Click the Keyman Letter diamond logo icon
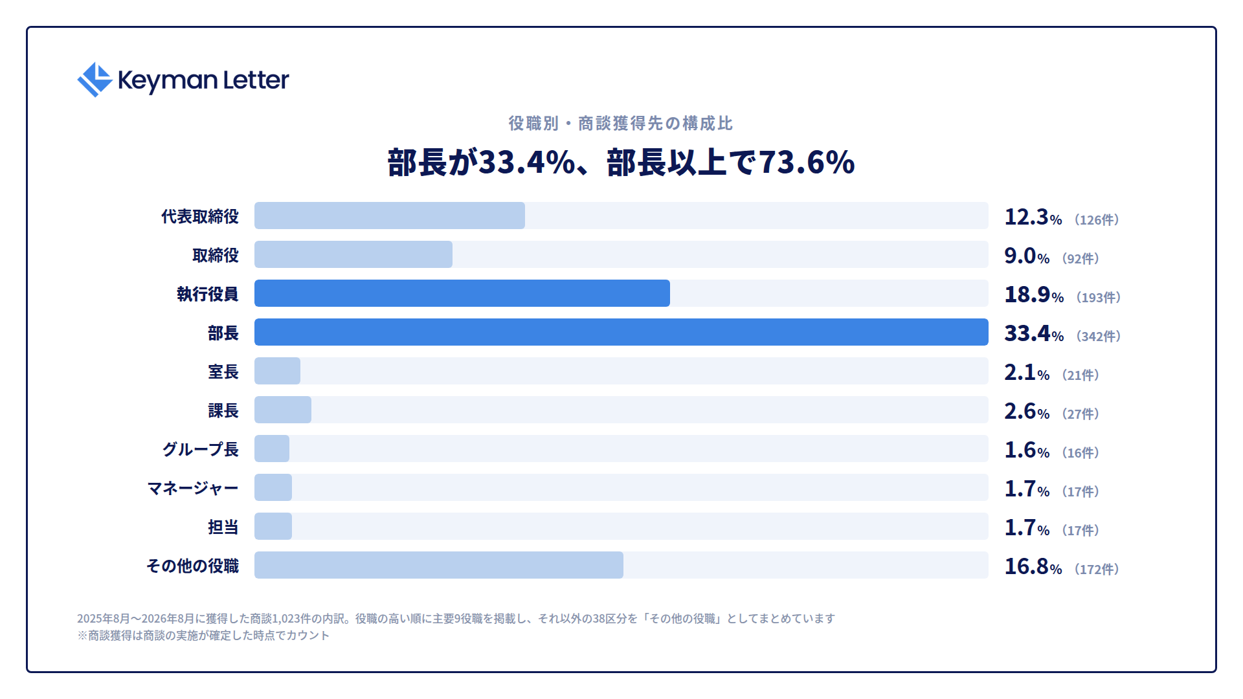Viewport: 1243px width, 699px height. (95, 80)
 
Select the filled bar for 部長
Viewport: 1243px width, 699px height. (621, 332)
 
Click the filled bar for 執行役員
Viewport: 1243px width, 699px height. (462, 293)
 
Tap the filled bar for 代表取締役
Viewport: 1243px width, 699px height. (390, 216)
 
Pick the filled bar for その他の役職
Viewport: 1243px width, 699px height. (439, 565)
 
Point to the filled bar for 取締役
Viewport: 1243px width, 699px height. (353, 254)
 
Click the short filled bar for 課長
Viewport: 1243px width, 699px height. (283, 410)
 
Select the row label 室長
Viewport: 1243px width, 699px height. (223, 372)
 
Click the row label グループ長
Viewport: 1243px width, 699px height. (200, 449)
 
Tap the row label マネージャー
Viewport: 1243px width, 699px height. (193, 488)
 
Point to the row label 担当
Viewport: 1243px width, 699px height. (223, 527)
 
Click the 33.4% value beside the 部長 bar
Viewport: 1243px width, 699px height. (1034, 333)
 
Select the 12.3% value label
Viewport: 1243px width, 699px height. (1033, 217)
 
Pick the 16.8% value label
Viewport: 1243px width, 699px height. (1033, 566)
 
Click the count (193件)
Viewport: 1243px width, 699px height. (1099, 297)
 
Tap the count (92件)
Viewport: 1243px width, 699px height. (1081, 258)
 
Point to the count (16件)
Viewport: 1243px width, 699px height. (1081, 452)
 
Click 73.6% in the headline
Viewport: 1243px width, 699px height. (807, 162)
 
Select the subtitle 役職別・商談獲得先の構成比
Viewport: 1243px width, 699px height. (621, 123)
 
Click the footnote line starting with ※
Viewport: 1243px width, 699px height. (203, 636)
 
